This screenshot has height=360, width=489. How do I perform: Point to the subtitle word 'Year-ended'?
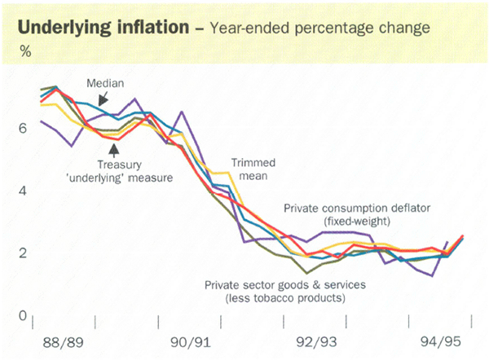[244, 29]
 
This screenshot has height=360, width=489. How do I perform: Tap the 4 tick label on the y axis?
[21, 191]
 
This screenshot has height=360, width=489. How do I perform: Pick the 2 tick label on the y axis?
[21, 253]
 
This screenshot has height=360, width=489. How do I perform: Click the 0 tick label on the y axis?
[21, 316]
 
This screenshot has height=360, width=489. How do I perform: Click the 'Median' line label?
[106, 82]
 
